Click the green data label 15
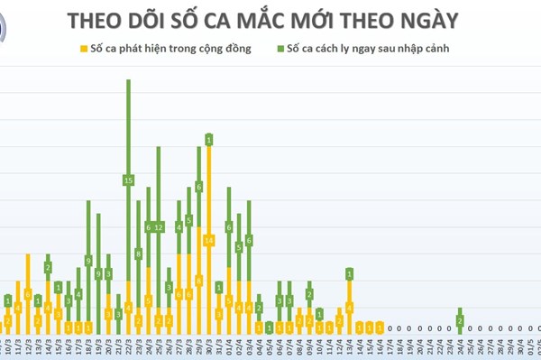[x=129, y=180]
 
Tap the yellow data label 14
[x=208, y=240]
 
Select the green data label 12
[x=159, y=226]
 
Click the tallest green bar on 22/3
[x=129, y=135]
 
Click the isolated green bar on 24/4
[x=460, y=320]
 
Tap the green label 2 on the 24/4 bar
[x=460, y=321]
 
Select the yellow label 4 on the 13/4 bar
[x=349, y=307]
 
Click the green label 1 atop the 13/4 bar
[x=349, y=273]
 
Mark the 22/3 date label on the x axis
[x=129, y=346]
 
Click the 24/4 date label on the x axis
[x=460, y=346]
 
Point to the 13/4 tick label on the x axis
[x=349, y=346]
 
